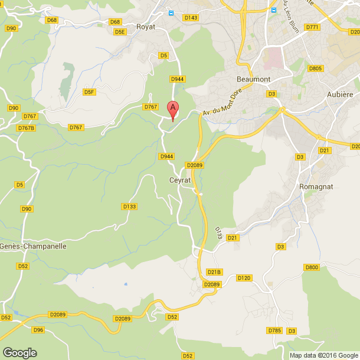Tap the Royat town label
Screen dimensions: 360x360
coord(145,27)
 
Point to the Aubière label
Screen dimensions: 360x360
coord(339,94)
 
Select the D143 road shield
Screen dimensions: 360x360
coord(191,18)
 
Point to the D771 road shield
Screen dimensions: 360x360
coord(313,28)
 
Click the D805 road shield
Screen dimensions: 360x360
coord(316,68)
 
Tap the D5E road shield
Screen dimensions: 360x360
coord(120,31)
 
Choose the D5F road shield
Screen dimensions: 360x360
coord(89,91)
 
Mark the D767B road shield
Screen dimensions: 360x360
coord(27,128)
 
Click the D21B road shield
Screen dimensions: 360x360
coord(214,272)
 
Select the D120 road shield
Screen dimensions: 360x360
coord(244,277)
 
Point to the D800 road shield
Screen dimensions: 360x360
coord(312,267)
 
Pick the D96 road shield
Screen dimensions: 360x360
coord(39,329)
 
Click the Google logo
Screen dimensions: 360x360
coord(19,352)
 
